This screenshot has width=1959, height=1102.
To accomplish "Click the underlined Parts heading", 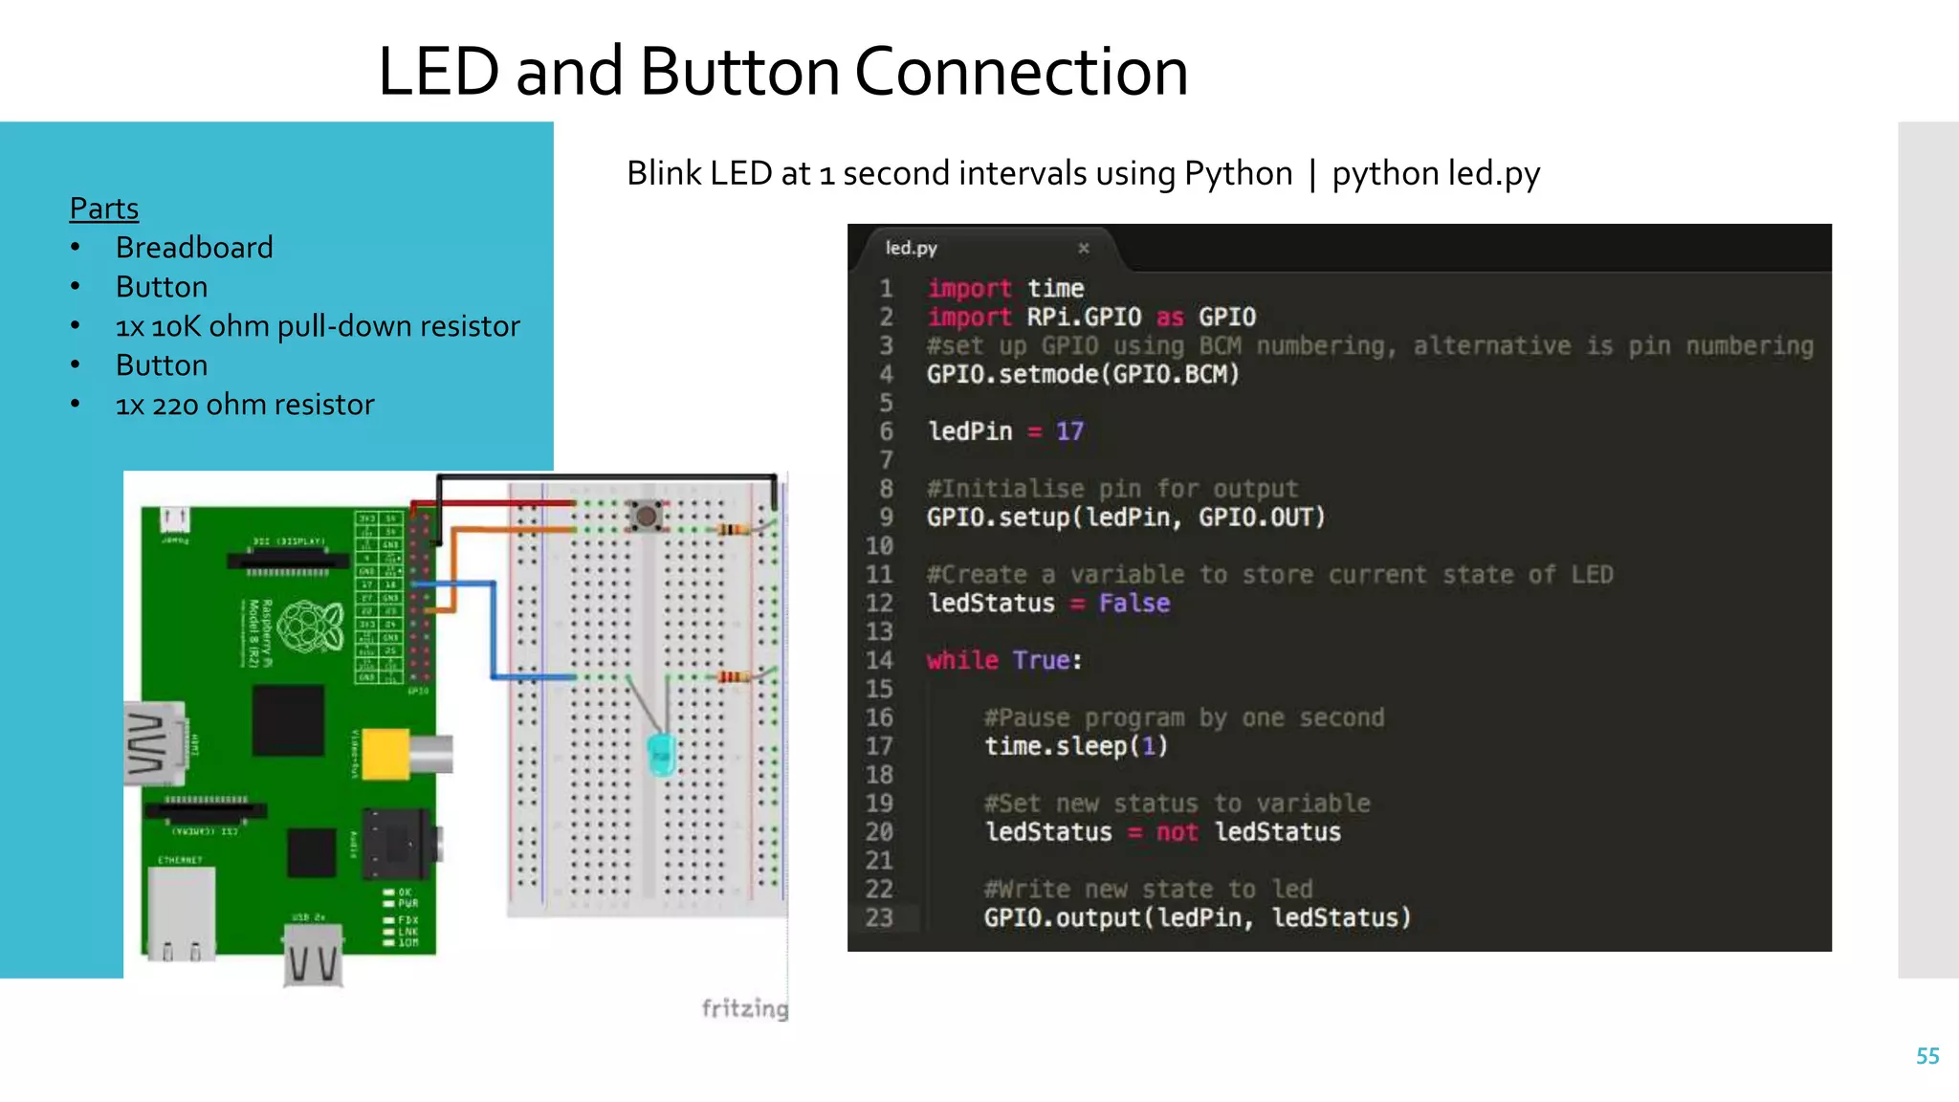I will (x=104, y=209).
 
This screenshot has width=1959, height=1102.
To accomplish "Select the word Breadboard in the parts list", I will (x=194, y=248).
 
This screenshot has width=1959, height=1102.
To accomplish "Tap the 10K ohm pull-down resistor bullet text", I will (x=318, y=326).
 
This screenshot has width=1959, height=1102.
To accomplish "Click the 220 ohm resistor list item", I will (x=245, y=405).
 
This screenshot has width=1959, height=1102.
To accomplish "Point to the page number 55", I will (x=1927, y=1056).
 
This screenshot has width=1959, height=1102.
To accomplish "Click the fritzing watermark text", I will (x=744, y=1008).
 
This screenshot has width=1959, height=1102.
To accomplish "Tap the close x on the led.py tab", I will (x=1084, y=249).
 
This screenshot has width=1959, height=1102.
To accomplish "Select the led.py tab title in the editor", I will (x=911, y=249).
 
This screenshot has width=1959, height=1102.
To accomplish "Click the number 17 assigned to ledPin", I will (x=1069, y=431).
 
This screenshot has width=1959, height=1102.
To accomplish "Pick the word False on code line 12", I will (x=1134, y=604).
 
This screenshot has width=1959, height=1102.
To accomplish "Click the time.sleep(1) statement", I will (x=1076, y=746).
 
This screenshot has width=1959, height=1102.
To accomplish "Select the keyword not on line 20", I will (x=1177, y=832).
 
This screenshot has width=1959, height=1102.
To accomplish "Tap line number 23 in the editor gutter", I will (x=879, y=918).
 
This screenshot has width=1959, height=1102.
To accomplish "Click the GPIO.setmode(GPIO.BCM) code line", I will (x=1083, y=374).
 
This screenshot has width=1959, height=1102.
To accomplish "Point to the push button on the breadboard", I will (x=647, y=517).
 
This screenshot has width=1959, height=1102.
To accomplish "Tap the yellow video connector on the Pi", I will (x=386, y=754).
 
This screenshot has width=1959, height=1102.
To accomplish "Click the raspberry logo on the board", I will (x=311, y=627).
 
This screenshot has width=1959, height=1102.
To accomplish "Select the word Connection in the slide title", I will (x=1021, y=72).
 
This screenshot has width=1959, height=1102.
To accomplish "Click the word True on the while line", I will (x=1041, y=660).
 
